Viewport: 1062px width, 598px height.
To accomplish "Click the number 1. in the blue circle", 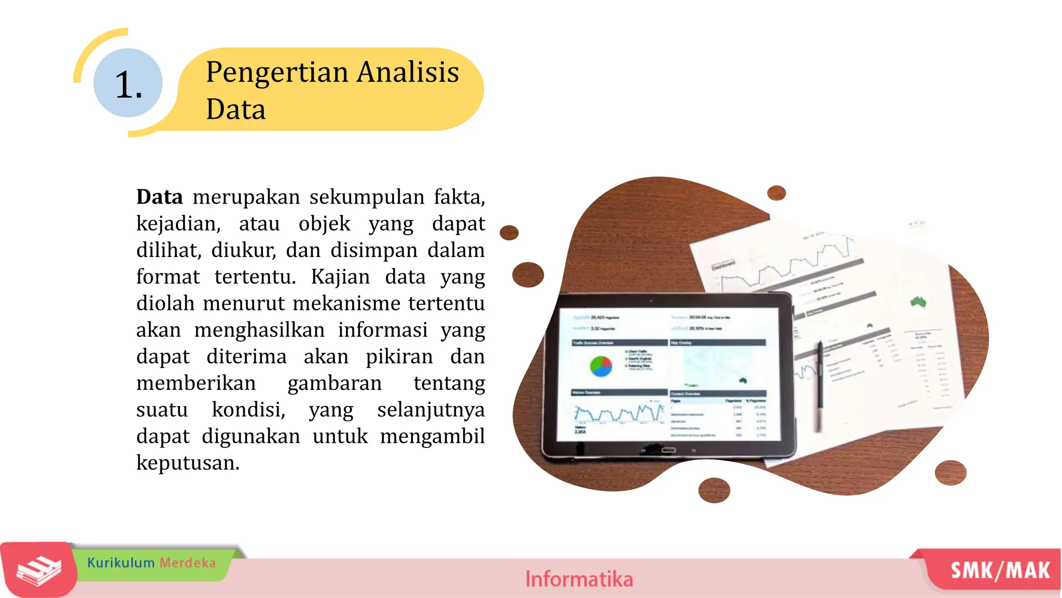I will [x=128, y=85].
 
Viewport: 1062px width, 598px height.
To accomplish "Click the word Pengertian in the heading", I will [x=277, y=72].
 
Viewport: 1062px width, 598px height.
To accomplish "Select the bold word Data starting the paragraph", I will [x=159, y=197].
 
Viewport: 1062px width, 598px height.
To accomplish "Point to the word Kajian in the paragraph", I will [x=340, y=277].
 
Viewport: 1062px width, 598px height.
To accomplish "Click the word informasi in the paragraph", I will [x=383, y=330].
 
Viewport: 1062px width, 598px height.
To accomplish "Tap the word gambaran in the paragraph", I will [x=334, y=383].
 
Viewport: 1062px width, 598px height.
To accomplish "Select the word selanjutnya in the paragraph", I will [x=431, y=410].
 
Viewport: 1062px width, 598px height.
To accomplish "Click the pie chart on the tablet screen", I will [x=600, y=366].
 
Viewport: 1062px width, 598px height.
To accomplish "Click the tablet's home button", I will [x=668, y=450].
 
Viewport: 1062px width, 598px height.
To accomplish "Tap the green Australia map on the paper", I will [x=918, y=302].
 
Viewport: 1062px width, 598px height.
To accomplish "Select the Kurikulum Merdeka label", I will [x=151, y=563].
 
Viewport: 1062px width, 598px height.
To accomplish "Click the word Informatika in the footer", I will [x=579, y=579].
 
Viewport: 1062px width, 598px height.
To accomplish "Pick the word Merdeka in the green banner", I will [x=187, y=563].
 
